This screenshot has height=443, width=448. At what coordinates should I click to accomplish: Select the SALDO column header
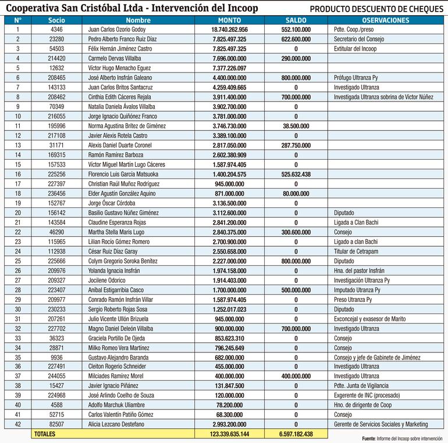[x=296, y=20]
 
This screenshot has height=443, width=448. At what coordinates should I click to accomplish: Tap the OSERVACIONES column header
[x=385, y=20]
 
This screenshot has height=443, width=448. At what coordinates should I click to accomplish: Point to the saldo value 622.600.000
[x=296, y=39]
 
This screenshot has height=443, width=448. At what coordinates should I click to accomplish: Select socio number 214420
[x=56, y=58]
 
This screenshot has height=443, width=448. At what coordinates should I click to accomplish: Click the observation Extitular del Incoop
[x=355, y=49]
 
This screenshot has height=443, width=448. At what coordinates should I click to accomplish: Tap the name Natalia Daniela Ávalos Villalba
[x=122, y=106]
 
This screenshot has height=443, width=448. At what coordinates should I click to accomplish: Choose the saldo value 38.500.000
[x=296, y=125]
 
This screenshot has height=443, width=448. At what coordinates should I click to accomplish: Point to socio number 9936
[x=56, y=356]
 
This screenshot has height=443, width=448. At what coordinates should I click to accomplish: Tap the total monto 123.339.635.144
[x=229, y=434]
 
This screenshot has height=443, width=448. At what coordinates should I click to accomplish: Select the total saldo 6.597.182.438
[x=296, y=434]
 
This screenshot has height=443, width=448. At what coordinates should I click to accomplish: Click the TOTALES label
[x=46, y=434]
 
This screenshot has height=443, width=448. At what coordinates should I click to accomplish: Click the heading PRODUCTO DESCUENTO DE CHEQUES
[x=376, y=9]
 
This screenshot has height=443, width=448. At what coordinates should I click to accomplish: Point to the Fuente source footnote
[x=402, y=439]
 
